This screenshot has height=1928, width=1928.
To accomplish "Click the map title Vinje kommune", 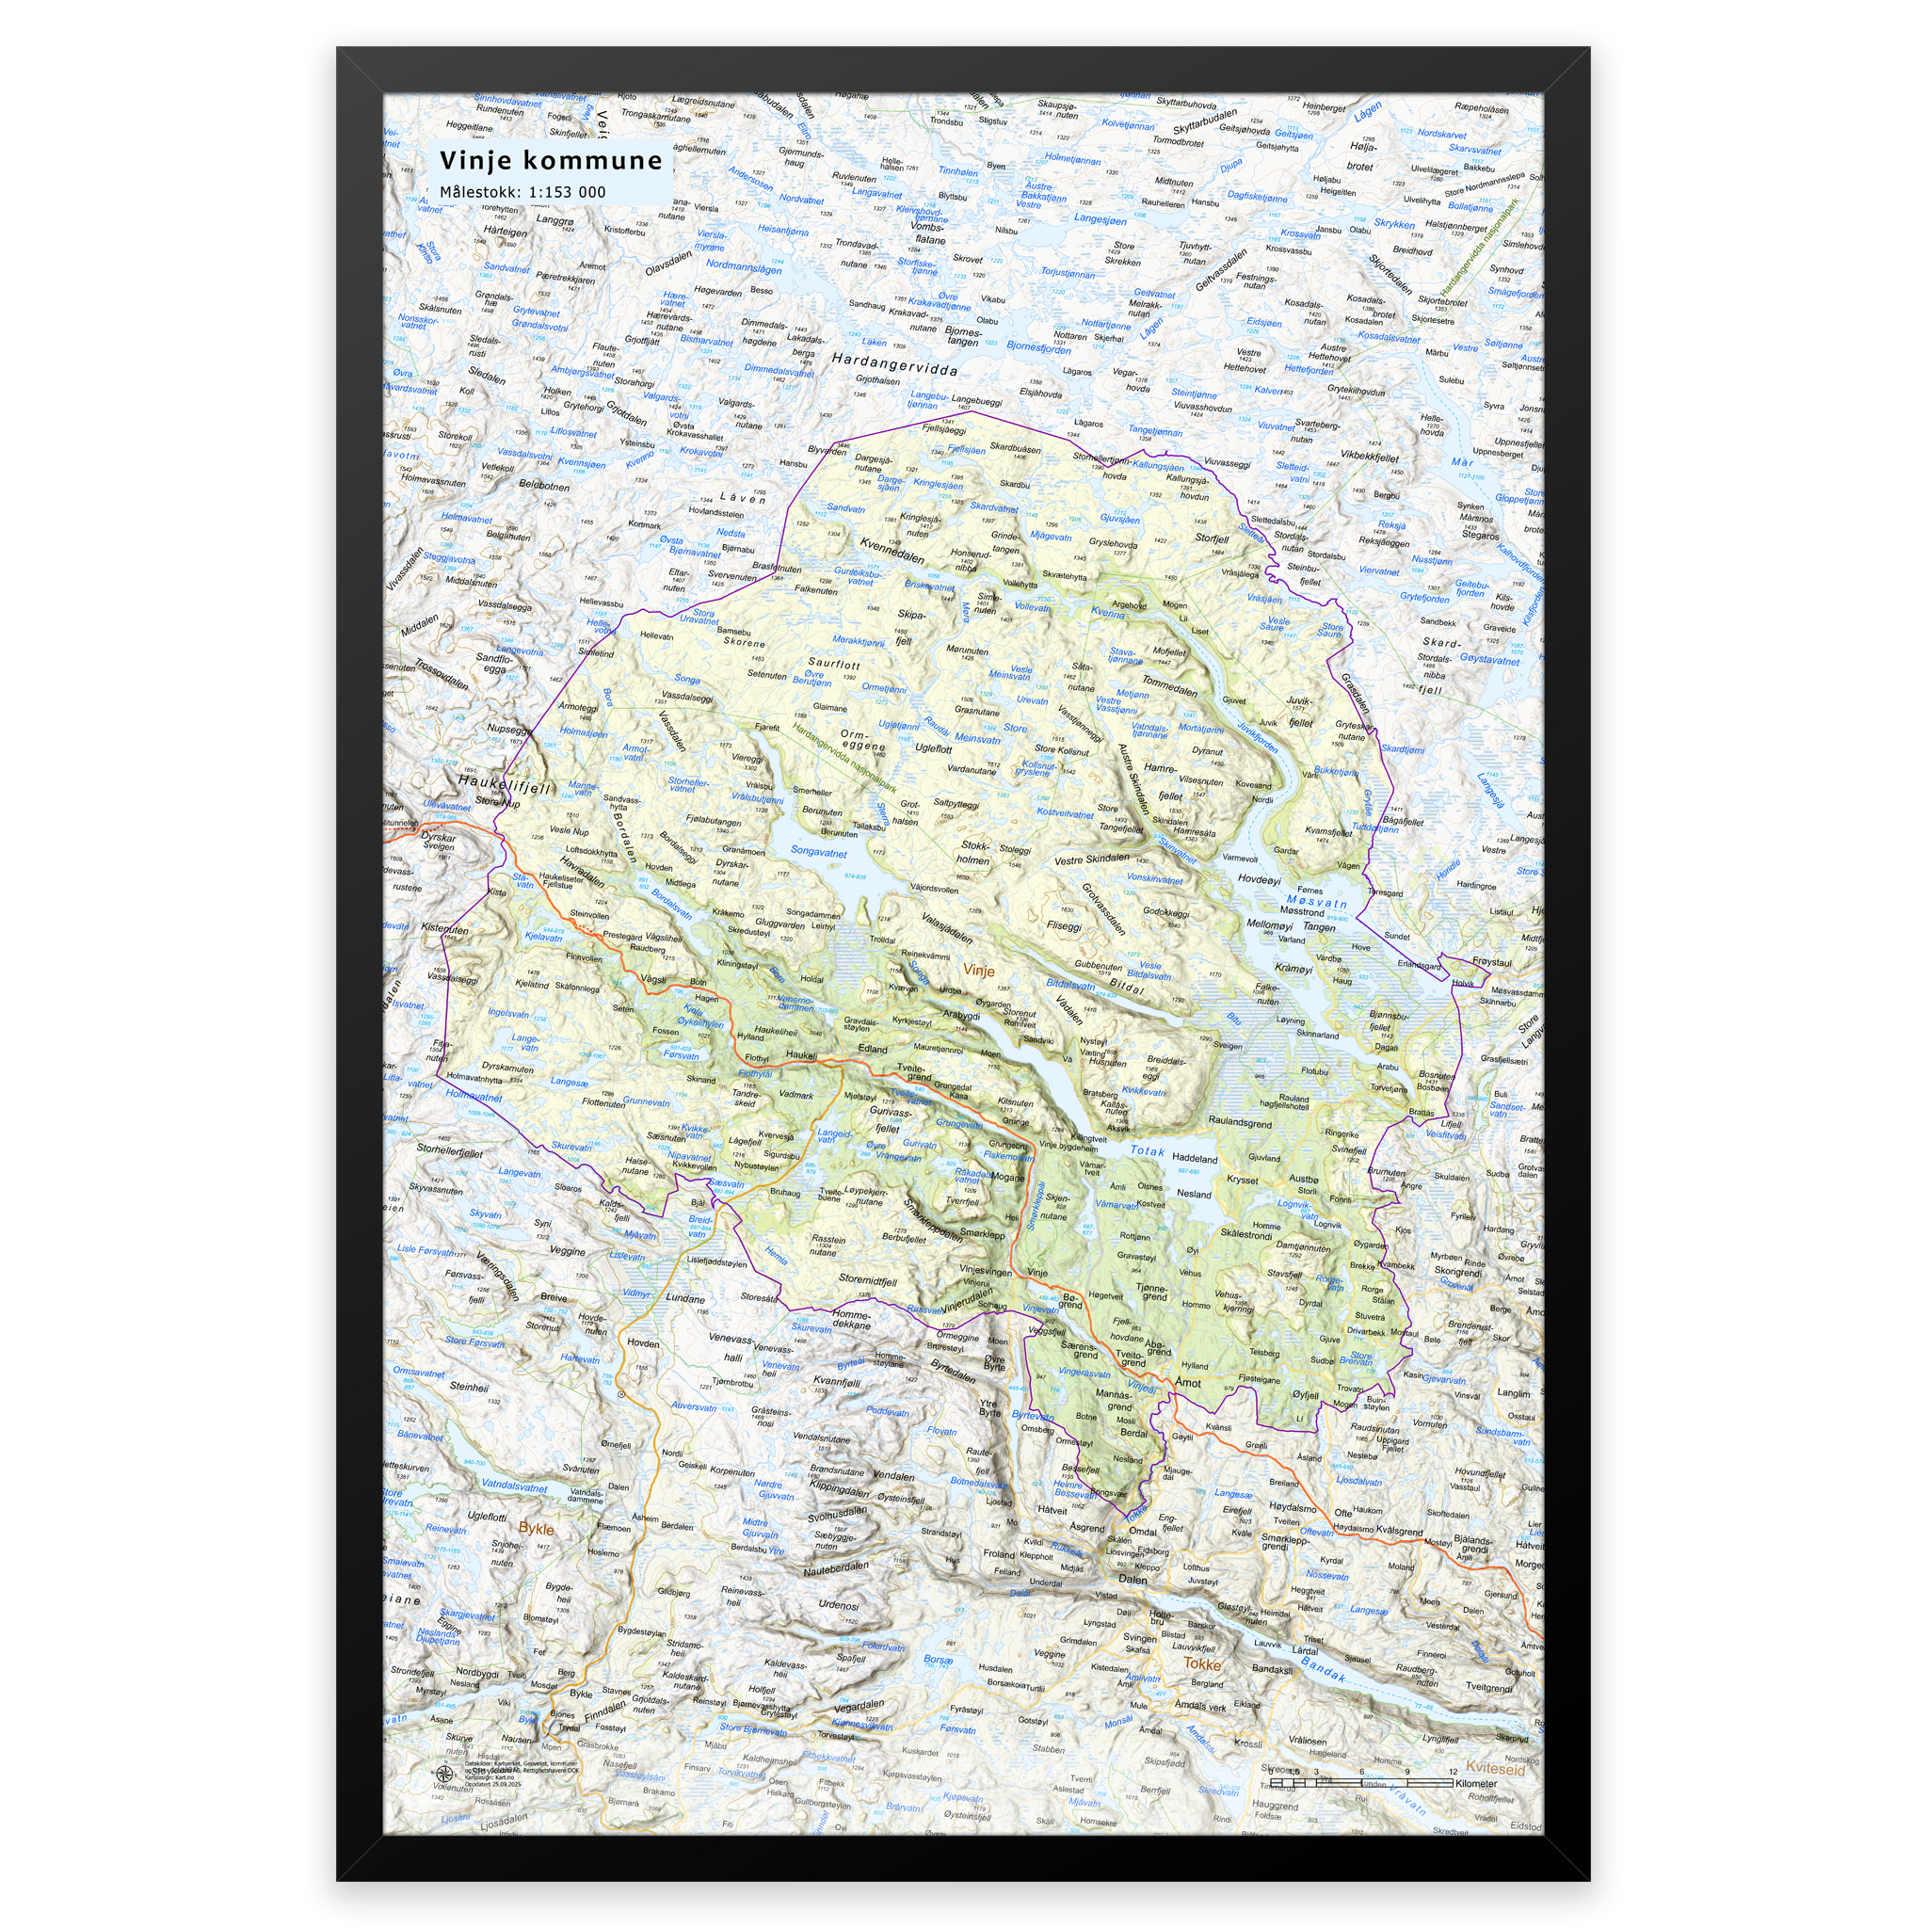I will coord(551,161).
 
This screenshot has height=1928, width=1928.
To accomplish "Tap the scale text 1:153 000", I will coord(567,193).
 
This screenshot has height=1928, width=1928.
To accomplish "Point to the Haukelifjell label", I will coord(505,786).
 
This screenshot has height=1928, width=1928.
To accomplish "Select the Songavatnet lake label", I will coord(818,852).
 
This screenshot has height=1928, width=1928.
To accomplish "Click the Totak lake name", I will coord(1148,1150).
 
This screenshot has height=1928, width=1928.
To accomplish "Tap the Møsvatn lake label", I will coord(1316,901).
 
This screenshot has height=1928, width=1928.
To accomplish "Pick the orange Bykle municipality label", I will coord(536,1528).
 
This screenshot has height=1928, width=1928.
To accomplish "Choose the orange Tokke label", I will coord(1201,1663).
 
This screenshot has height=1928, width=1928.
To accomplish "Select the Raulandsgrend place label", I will coord(1240,1120).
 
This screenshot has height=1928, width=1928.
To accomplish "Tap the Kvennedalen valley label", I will coord(892,551).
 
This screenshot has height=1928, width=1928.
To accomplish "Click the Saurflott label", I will coord(833,663).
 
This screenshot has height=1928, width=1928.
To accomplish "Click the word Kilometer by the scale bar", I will coord(1476,1783).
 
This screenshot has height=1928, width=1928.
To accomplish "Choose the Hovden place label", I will coord(643,1342).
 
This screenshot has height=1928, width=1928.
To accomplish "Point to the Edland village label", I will coord(872,1049).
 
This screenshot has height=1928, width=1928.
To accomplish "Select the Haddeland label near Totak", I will coord(1195,1159).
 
